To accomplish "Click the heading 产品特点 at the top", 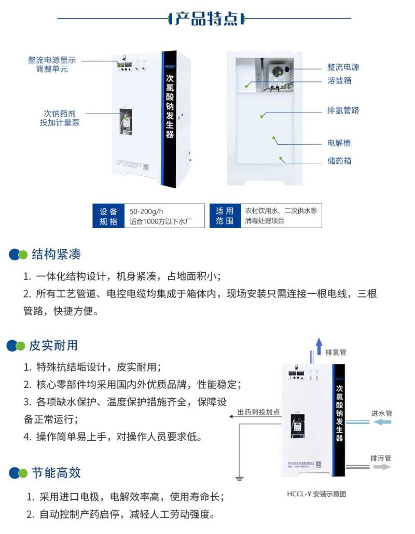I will point(207,19).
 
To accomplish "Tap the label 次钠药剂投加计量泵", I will point(60,118).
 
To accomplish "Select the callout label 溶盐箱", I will point(339,81).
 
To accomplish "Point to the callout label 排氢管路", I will point(343,110).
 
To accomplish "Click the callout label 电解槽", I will point(339,143).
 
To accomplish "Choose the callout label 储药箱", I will point(339,161).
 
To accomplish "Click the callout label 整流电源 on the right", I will point(343,67).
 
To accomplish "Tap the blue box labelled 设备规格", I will point(109,216).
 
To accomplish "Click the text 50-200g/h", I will point(146,211).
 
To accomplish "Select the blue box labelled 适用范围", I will point(225,216).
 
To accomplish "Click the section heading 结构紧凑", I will point(56,254).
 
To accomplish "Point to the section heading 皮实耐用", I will point(53,345).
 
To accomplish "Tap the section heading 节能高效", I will point(56,472).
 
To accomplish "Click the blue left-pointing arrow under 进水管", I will point(382,423).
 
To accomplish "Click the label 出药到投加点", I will point(258,412).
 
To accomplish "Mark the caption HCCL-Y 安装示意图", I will point(316,494).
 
